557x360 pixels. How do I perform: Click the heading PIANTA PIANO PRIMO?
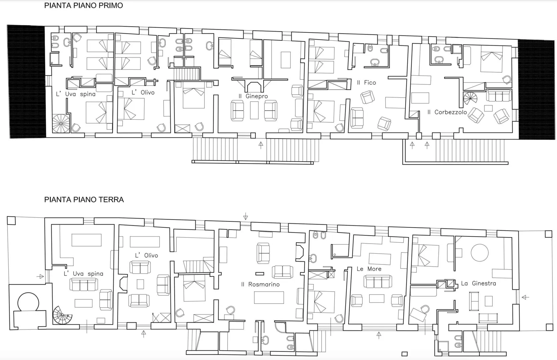point(84,5)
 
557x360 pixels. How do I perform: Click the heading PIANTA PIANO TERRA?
point(84,200)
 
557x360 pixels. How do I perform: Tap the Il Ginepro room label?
point(253,96)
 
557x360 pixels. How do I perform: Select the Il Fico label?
point(366,83)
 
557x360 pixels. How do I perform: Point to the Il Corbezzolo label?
point(447,112)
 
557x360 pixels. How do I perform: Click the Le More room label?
point(369,269)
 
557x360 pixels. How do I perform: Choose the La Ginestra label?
point(478,283)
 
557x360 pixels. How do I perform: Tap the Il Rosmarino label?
point(260,284)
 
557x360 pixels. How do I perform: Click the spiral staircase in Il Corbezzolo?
point(470,98)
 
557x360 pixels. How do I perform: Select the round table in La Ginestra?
point(480,253)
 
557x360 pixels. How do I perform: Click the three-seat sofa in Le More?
point(378,281)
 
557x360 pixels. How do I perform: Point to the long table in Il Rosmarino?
point(269,298)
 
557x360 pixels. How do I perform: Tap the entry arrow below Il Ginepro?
point(261,145)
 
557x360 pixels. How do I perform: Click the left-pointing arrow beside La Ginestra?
point(525,297)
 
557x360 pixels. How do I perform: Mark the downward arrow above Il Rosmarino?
point(245,216)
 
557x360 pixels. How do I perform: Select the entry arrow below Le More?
point(379,335)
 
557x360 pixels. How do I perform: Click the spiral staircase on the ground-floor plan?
point(62,315)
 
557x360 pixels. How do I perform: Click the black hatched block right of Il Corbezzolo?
point(536,90)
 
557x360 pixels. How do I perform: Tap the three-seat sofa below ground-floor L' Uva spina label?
point(84,284)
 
